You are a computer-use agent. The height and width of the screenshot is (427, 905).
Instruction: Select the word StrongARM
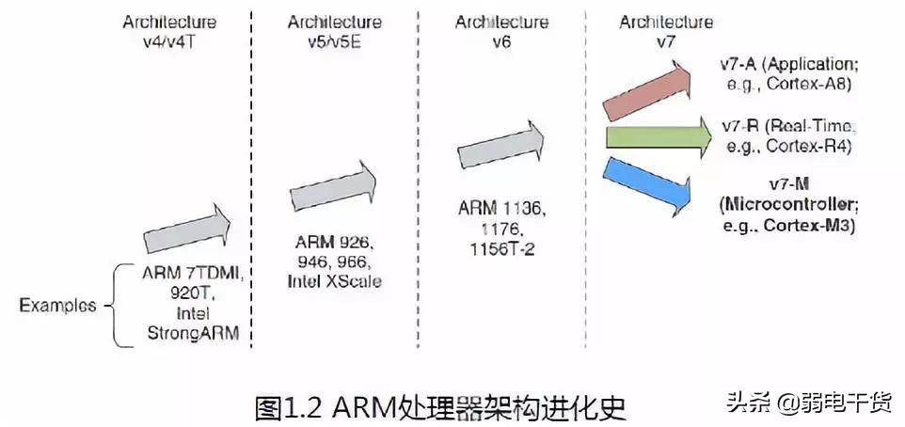coord(192,333)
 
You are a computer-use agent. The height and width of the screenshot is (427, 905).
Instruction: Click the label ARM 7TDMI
coord(193,274)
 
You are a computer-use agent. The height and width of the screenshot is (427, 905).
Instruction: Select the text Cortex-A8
coord(806,82)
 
